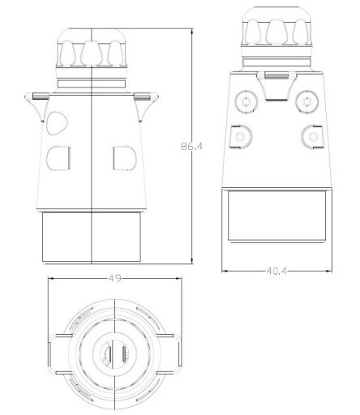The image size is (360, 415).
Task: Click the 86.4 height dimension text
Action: [191, 146]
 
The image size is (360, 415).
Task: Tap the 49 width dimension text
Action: [114, 278]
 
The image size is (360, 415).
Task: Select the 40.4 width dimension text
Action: [276, 271]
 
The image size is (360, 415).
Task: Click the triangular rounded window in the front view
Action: [57, 123]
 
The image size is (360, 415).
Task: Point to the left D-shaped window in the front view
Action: [58, 158]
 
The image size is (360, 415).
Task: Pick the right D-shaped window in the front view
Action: [125, 158]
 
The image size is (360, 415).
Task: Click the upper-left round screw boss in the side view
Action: [246, 102]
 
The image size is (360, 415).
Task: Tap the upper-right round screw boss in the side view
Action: [306, 102]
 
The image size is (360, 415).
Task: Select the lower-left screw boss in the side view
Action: [241, 137]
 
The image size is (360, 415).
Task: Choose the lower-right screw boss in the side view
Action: [312, 137]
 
